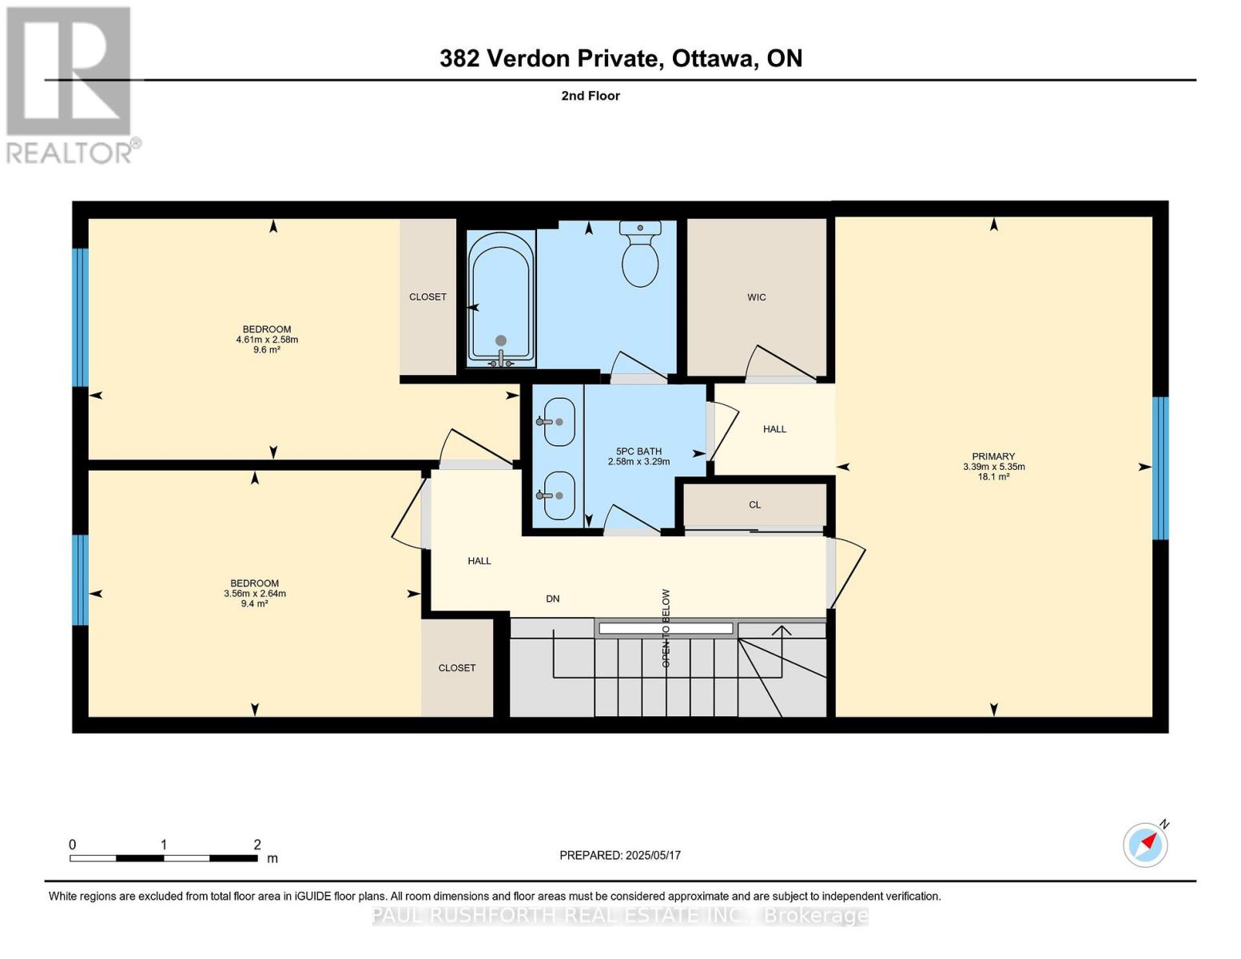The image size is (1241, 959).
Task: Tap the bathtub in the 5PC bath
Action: click(501, 300)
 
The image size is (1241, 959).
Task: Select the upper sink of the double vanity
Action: click(559, 422)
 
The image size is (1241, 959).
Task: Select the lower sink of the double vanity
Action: click(559, 495)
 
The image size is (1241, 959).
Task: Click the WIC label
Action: click(756, 297)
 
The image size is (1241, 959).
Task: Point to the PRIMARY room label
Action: click(993, 456)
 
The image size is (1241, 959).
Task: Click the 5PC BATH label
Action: click(638, 452)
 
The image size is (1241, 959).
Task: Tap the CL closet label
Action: click(754, 505)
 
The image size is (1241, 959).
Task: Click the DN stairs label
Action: click(552, 599)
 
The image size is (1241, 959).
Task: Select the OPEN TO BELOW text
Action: click(666, 628)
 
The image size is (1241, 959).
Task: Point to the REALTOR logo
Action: click(70, 85)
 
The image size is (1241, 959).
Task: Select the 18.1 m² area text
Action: click(993, 477)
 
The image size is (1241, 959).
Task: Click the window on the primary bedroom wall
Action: click(1160, 468)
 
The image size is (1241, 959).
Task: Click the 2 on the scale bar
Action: click(257, 845)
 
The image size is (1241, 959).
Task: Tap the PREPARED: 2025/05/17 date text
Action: click(619, 855)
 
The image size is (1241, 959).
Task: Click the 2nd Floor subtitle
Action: click(591, 96)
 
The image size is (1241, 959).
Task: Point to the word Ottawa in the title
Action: click(714, 58)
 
